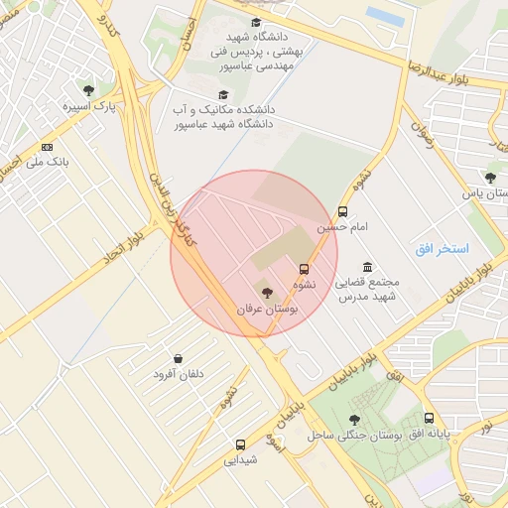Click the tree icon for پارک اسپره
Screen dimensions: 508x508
click(89, 90)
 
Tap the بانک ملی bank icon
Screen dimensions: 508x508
click(47, 146)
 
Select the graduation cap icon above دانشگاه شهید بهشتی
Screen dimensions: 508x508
click(256, 23)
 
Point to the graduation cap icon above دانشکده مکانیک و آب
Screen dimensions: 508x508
click(223, 94)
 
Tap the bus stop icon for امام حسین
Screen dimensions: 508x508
click(342, 211)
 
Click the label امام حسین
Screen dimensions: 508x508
click(341, 227)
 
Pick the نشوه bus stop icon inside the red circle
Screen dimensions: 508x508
click(304, 268)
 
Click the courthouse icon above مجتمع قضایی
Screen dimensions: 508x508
click(367, 267)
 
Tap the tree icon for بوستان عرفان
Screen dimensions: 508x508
click(266, 291)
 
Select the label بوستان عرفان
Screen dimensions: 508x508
click(266, 309)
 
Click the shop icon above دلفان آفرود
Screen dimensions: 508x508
click(178, 358)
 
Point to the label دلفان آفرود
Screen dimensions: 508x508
click(178, 374)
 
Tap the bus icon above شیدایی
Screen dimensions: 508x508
click(240, 444)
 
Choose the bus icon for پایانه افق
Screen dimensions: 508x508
click(429, 418)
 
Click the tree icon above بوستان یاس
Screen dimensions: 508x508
click(490, 178)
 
